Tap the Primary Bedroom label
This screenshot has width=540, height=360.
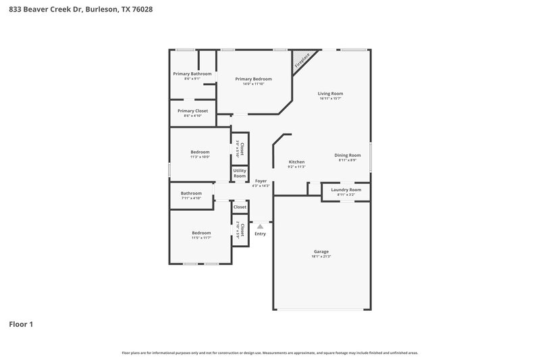(253, 79)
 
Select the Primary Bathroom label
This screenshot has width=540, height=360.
(192, 74)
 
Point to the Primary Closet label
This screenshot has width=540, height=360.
(192, 110)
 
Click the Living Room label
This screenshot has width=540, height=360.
(331, 93)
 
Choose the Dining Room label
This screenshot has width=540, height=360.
(348, 155)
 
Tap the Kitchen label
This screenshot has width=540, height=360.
(297, 162)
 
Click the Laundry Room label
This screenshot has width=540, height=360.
(346, 190)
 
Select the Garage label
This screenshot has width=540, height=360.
(321, 251)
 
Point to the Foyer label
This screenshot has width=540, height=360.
(261, 180)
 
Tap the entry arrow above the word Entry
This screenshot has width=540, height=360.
(260, 226)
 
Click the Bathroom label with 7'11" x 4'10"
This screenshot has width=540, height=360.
(191, 193)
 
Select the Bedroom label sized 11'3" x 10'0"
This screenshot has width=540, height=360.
(200, 152)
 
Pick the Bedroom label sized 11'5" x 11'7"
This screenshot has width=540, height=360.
(201, 232)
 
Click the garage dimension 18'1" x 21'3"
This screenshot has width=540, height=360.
(321, 257)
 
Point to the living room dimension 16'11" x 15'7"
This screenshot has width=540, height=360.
(331, 99)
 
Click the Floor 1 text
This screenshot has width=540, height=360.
(21, 324)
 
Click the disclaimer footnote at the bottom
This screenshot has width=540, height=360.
(270, 353)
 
